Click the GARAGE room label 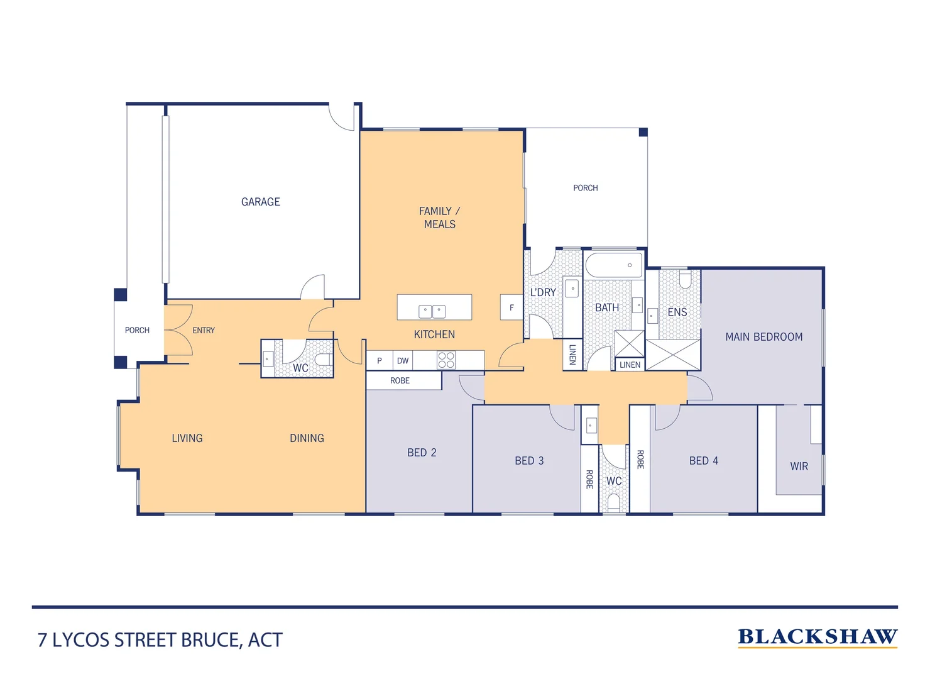click(260, 202)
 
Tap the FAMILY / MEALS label click(439, 218)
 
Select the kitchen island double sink click(432, 311)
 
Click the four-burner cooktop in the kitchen click(446, 360)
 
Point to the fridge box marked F click(511, 307)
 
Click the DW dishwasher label click(403, 361)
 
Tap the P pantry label click(380, 361)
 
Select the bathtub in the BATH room click(614, 265)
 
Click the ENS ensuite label click(677, 312)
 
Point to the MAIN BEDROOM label click(763, 337)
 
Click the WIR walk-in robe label click(799, 466)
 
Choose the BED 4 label click(703, 461)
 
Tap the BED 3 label click(529, 461)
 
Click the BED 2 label click(422, 453)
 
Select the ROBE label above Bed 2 click(400, 380)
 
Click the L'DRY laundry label click(543, 292)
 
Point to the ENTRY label click(204, 330)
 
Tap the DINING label click(307, 438)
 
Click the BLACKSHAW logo click(817, 637)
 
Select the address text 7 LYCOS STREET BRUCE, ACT click(160, 640)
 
